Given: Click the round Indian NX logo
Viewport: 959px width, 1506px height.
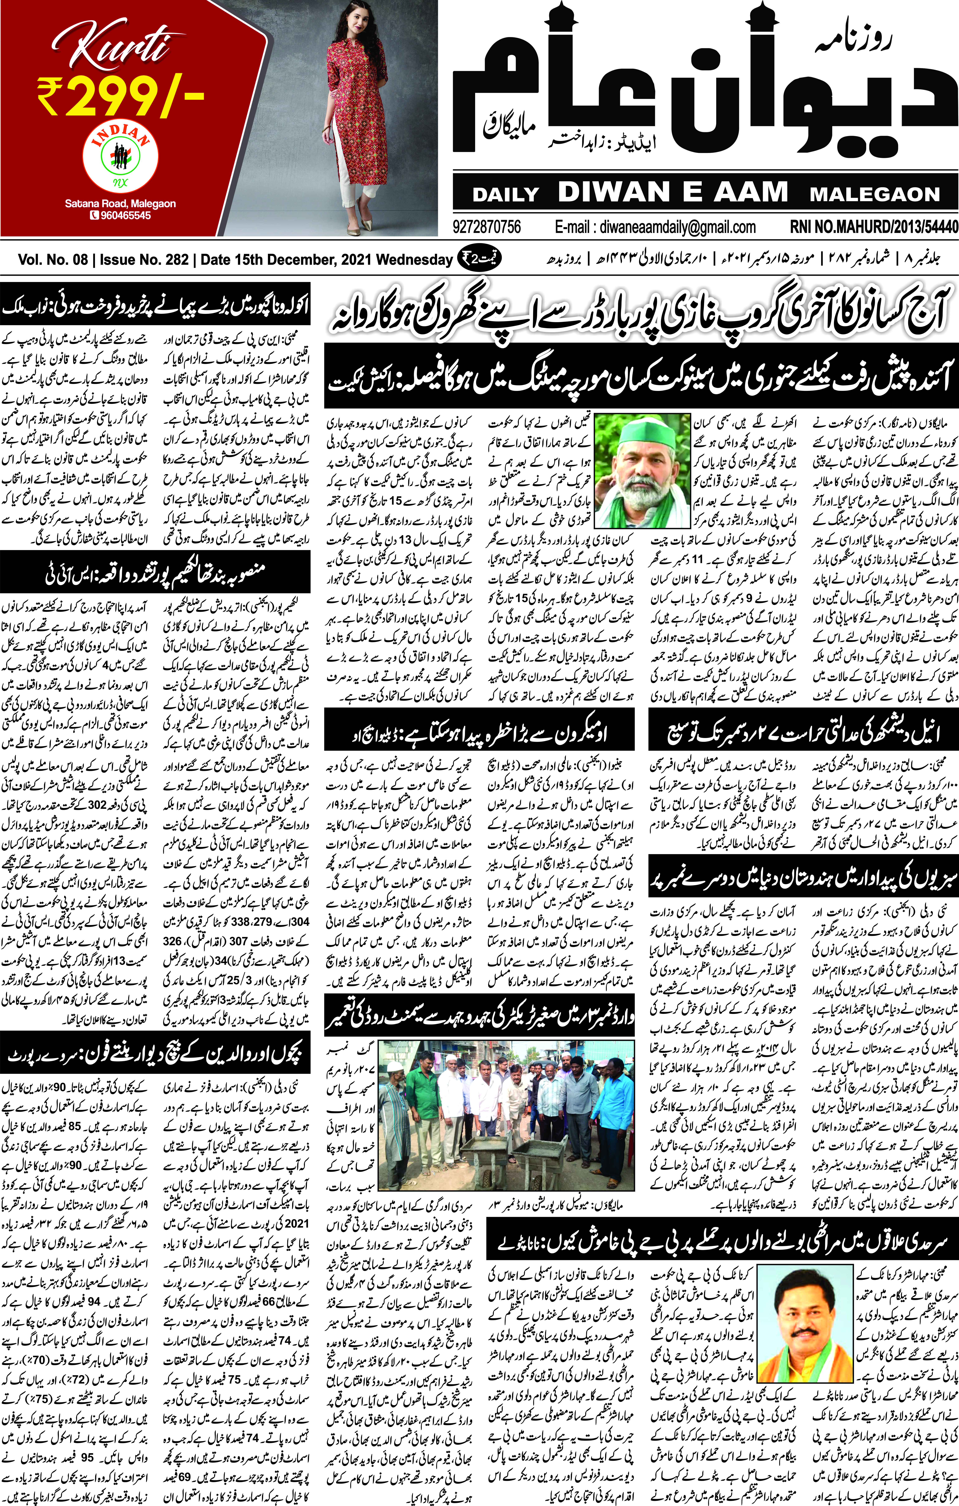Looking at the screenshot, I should (x=120, y=156).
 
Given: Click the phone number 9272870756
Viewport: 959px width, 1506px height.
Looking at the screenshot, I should (x=487, y=226).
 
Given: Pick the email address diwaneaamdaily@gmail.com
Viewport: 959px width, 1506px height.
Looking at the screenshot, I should (x=655, y=226).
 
